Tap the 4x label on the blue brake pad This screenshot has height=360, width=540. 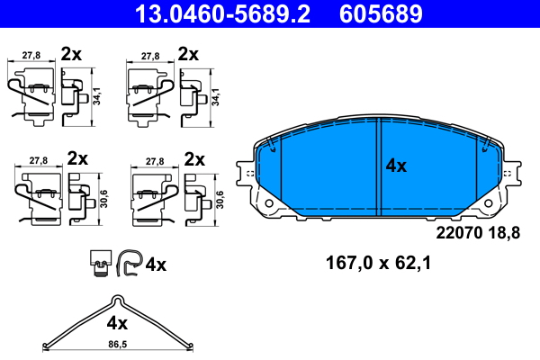pos(396,166)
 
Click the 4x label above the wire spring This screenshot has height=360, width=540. pos(118,322)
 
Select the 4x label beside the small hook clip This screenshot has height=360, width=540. pos(156,265)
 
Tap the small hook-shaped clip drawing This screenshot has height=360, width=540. pos(128,263)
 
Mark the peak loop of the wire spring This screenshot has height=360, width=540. pos(116,301)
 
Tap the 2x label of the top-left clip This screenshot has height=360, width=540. pos(72,55)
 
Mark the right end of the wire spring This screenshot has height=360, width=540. pos(188,343)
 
